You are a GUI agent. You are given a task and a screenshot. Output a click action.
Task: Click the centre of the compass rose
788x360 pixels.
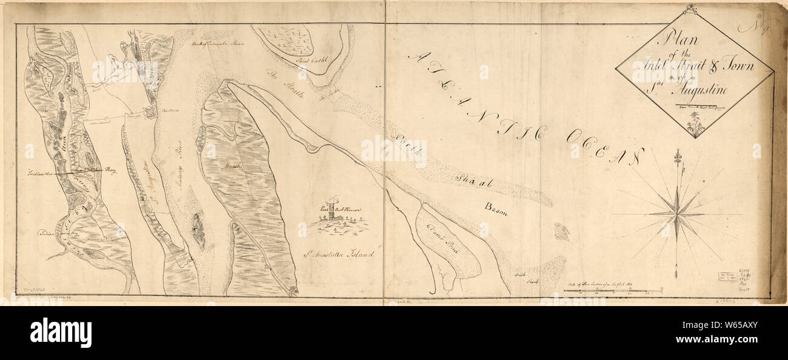tap(676, 213)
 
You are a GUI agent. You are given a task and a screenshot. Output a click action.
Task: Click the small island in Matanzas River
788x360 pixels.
tap(198, 230)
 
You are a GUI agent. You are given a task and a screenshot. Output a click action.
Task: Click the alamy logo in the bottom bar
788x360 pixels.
tap(61, 332)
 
